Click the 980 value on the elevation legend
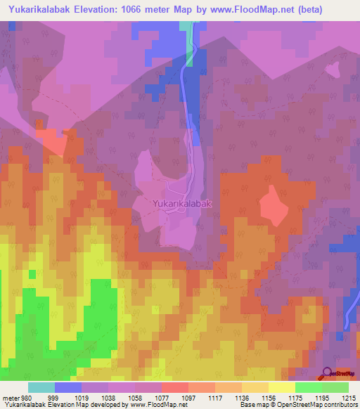tap(27, 398)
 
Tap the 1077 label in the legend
tap(162, 398)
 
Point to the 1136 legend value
tap(241, 398)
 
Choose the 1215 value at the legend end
tap(349, 398)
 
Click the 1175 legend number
tap(295, 398)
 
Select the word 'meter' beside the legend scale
tap(10, 398)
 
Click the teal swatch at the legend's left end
tap(41, 387)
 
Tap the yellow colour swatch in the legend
tap(281, 387)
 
